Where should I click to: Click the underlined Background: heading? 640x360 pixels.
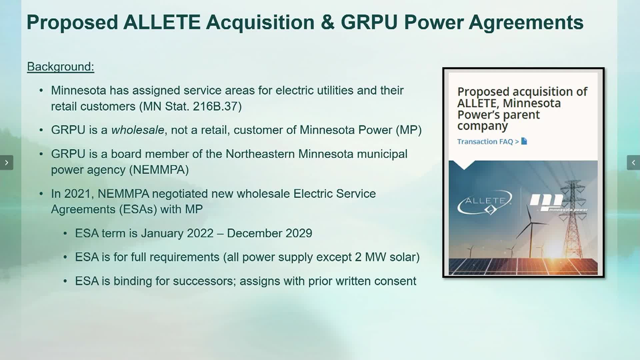coord(60,67)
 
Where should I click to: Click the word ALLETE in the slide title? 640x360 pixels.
coord(162,22)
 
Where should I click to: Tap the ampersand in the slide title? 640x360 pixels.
coord(328,22)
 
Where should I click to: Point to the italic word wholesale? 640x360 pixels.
coord(138,130)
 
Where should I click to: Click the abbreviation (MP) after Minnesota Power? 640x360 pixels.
coord(409,130)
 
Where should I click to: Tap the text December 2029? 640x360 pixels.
coord(269,233)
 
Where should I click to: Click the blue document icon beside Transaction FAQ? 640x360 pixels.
coord(524,141)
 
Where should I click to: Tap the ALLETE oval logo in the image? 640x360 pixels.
coord(484,202)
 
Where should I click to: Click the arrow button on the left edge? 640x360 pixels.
coord(6,163)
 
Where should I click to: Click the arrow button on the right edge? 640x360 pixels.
coord(633,163)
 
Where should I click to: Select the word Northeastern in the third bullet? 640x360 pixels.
coord(260,154)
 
